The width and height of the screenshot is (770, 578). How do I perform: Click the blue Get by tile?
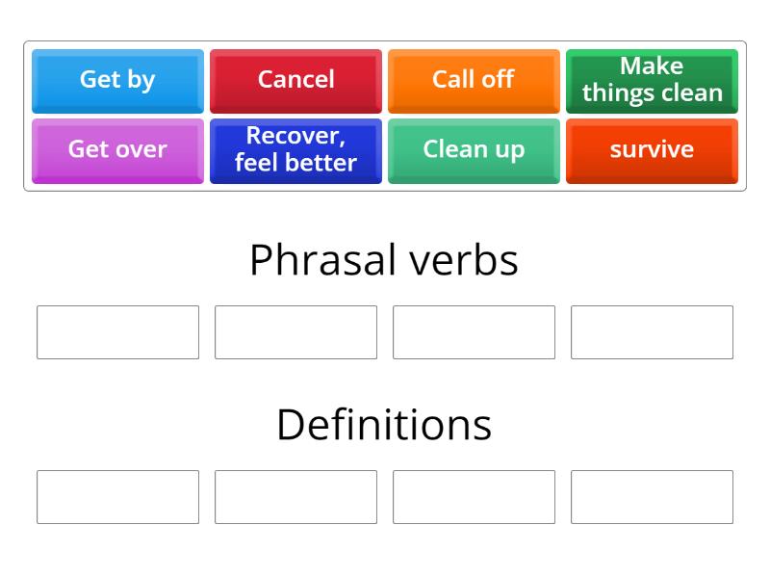[117, 80]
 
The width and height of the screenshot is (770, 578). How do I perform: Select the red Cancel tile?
[295, 80]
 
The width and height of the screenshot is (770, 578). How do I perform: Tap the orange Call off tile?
[474, 80]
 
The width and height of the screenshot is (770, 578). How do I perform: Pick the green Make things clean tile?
[652, 80]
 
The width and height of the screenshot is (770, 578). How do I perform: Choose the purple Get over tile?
[117, 149]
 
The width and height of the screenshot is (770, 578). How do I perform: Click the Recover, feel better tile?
[295, 149]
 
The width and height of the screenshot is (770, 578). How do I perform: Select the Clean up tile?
[474, 149]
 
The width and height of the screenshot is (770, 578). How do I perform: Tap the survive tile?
[652, 149]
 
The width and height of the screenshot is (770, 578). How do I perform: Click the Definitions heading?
[384, 424]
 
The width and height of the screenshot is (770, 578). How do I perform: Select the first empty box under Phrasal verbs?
[117, 332]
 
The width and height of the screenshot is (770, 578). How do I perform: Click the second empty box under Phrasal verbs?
[295, 332]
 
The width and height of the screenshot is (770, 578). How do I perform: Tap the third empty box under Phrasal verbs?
[474, 332]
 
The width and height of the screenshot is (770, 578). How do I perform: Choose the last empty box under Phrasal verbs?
[652, 332]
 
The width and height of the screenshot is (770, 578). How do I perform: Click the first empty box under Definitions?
[117, 497]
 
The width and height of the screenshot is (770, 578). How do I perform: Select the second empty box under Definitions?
[295, 497]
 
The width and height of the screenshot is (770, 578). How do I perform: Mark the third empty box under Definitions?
[474, 497]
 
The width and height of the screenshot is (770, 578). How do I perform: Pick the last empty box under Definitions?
[652, 497]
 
